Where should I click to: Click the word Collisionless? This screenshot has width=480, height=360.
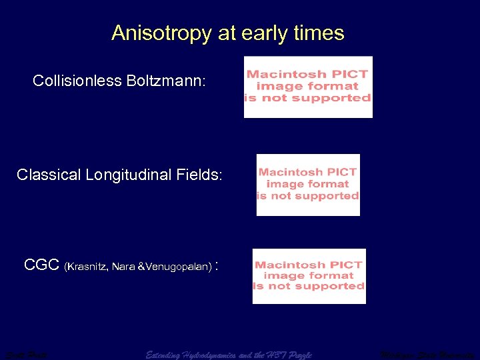pos(77,81)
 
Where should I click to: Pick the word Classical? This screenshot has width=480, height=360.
pos(50,175)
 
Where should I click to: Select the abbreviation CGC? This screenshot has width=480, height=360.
pos(42,265)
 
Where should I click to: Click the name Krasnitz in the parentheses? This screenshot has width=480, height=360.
pos(87,267)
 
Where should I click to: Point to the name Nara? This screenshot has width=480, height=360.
pos(124,267)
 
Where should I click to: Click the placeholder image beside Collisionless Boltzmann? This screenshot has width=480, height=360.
pos(308,87)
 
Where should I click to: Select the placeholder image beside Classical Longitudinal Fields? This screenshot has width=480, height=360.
pos(308,185)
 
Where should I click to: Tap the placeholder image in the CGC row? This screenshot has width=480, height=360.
pos(309,275)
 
